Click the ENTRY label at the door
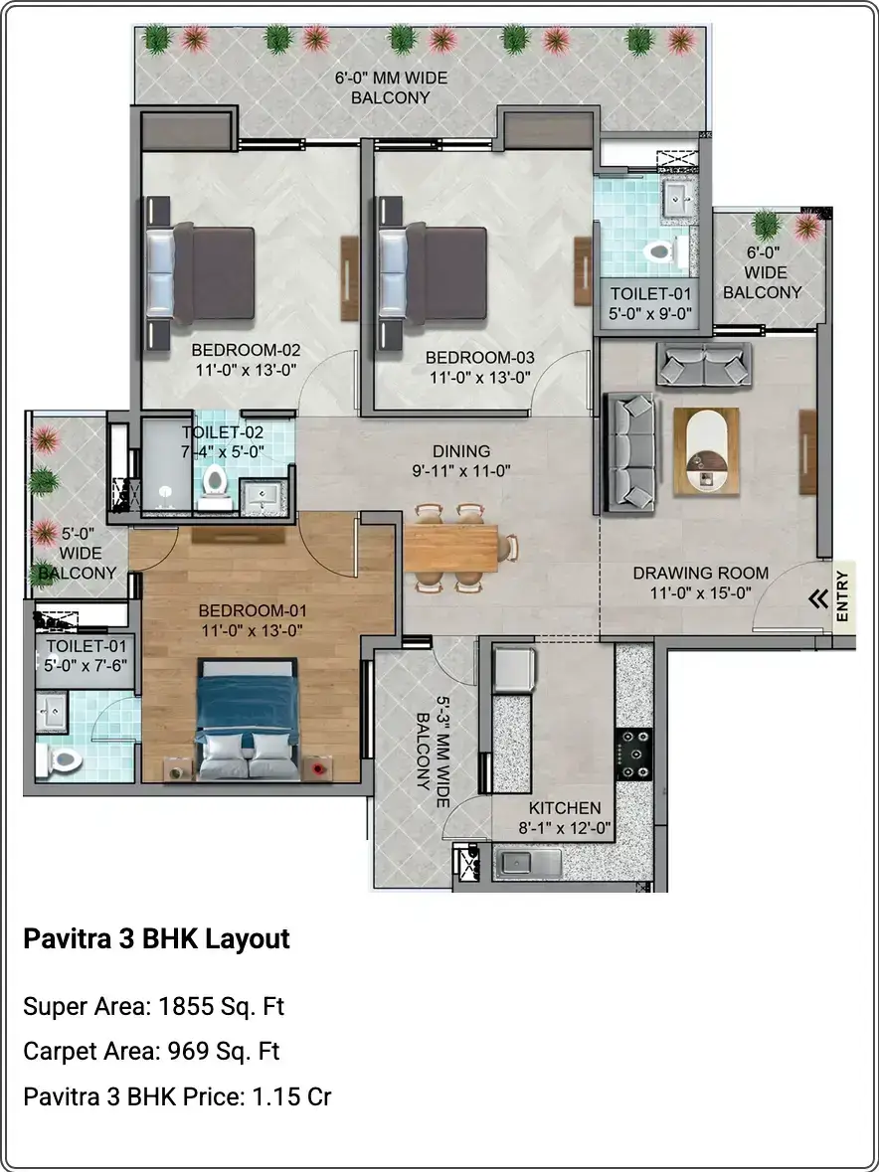pyautogui.click(x=842, y=596)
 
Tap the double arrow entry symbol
pyautogui.click(x=818, y=598)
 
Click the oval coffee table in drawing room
pyautogui.click(x=706, y=450)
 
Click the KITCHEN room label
pyautogui.click(x=565, y=808)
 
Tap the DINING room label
pyautogui.click(x=461, y=451)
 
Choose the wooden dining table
pyautogui.click(x=450, y=548)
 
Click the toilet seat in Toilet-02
pyautogui.click(x=215, y=483)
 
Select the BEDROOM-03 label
pyautogui.click(x=480, y=357)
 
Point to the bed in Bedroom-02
pyautogui.click(x=200, y=274)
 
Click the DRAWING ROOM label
pyautogui.click(x=700, y=574)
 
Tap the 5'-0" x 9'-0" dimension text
pyautogui.click(x=650, y=313)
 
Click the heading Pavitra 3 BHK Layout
pyautogui.click(x=156, y=938)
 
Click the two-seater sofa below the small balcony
pyautogui.click(x=704, y=364)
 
